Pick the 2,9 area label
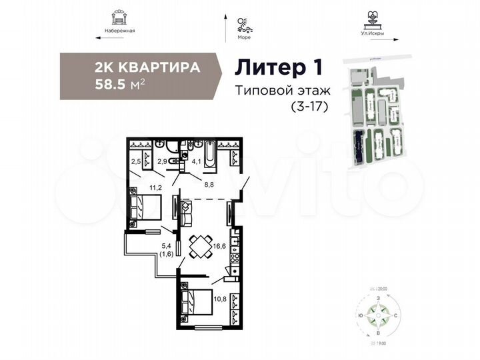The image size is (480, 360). click(x=162, y=161)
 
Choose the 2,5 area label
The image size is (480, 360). click(x=135, y=161)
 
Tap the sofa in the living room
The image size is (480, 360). click(x=187, y=213)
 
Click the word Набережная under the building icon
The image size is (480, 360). click(x=120, y=31)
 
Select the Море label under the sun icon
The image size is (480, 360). click(x=244, y=38)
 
